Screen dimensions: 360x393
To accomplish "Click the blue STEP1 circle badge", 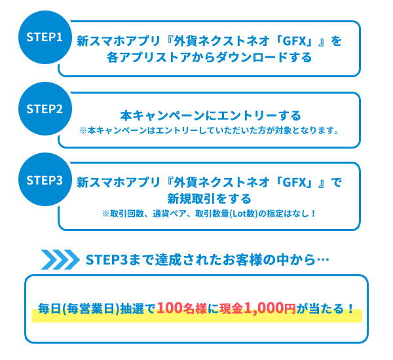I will pos(45,37).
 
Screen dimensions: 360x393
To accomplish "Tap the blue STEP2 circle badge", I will pos(45,107).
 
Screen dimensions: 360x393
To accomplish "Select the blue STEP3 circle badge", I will pos(45,179).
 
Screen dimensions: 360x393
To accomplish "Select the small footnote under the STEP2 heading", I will pos(208,130).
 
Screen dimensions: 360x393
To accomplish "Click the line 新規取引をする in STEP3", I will pos(209,198).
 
